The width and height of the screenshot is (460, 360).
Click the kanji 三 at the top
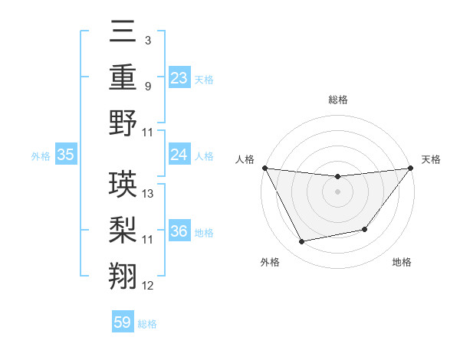[123, 34]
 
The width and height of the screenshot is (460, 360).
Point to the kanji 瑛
[123, 183]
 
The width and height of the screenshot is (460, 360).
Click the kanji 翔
[123, 273]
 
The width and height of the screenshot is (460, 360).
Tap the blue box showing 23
[179, 77]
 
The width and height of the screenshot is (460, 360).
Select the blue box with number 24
[179, 155]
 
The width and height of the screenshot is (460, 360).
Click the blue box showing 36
[179, 231]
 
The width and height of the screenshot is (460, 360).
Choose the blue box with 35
[65, 155]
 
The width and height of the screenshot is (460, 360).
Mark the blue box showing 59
[123, 322]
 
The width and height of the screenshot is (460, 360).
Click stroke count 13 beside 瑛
[148, 194]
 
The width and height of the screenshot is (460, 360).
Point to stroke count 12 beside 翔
[148, 286]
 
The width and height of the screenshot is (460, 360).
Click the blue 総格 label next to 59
[147, 324]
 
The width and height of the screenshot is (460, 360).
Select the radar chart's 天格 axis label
[432, 159]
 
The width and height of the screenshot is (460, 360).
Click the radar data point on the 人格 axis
[265, 168]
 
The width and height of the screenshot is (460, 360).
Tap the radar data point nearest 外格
[302, 242]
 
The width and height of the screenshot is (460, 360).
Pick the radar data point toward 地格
[365, 229]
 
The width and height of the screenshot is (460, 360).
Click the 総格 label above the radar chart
[337, 100]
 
